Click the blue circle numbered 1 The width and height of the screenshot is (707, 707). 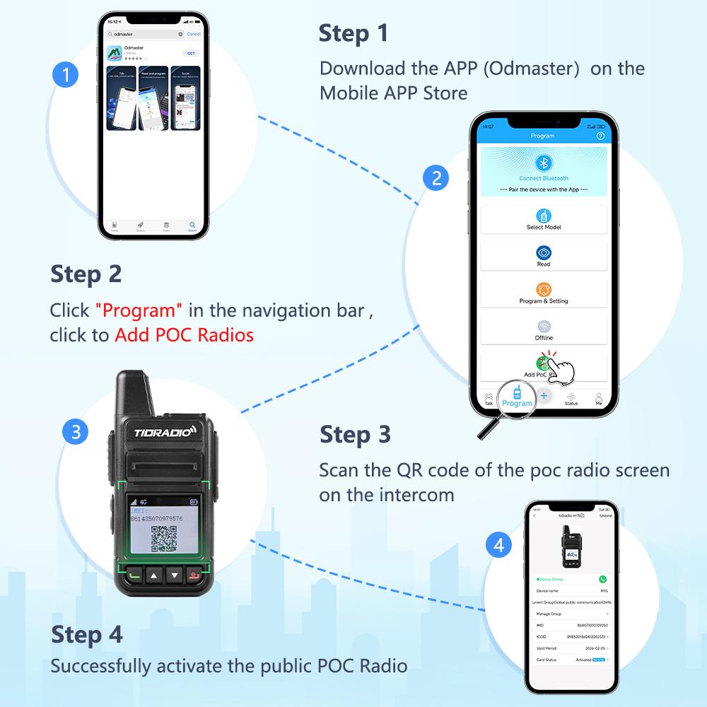coord(66,75)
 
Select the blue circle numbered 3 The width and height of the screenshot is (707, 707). coord(76,432)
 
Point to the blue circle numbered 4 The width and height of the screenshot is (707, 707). coord(499,545)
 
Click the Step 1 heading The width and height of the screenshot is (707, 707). coord(353,33)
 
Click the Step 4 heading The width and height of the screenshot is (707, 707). coord(86,634)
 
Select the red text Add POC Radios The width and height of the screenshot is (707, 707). coord(184,335)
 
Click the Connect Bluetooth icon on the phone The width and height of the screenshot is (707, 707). coord(544,164)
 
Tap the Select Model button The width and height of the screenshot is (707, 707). coord(544,219)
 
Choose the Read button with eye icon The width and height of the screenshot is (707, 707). coord(544,256)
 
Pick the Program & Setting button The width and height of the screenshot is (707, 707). coord(544,293)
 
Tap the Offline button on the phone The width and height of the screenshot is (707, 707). coord(544,329)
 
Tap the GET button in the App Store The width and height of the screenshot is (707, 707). coord(190,53)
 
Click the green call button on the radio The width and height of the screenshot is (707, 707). coord(134,575)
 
